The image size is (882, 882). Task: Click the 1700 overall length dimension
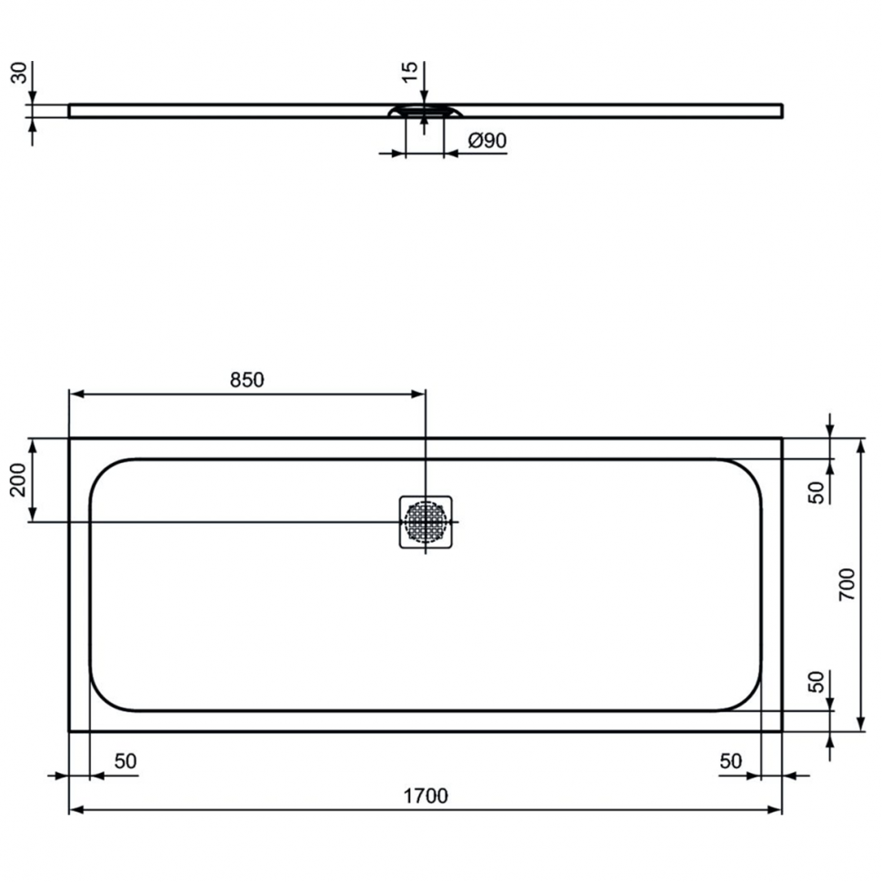426,796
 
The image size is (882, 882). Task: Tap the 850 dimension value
247,380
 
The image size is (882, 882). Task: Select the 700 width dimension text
847,585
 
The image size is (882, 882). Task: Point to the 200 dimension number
18,480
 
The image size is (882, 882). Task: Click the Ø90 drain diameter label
487,140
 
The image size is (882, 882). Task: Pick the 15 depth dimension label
410,72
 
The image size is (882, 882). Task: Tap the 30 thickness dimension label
19,73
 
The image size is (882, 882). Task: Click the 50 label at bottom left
125,761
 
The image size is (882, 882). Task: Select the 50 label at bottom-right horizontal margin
731,761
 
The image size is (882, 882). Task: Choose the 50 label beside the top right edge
817,493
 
